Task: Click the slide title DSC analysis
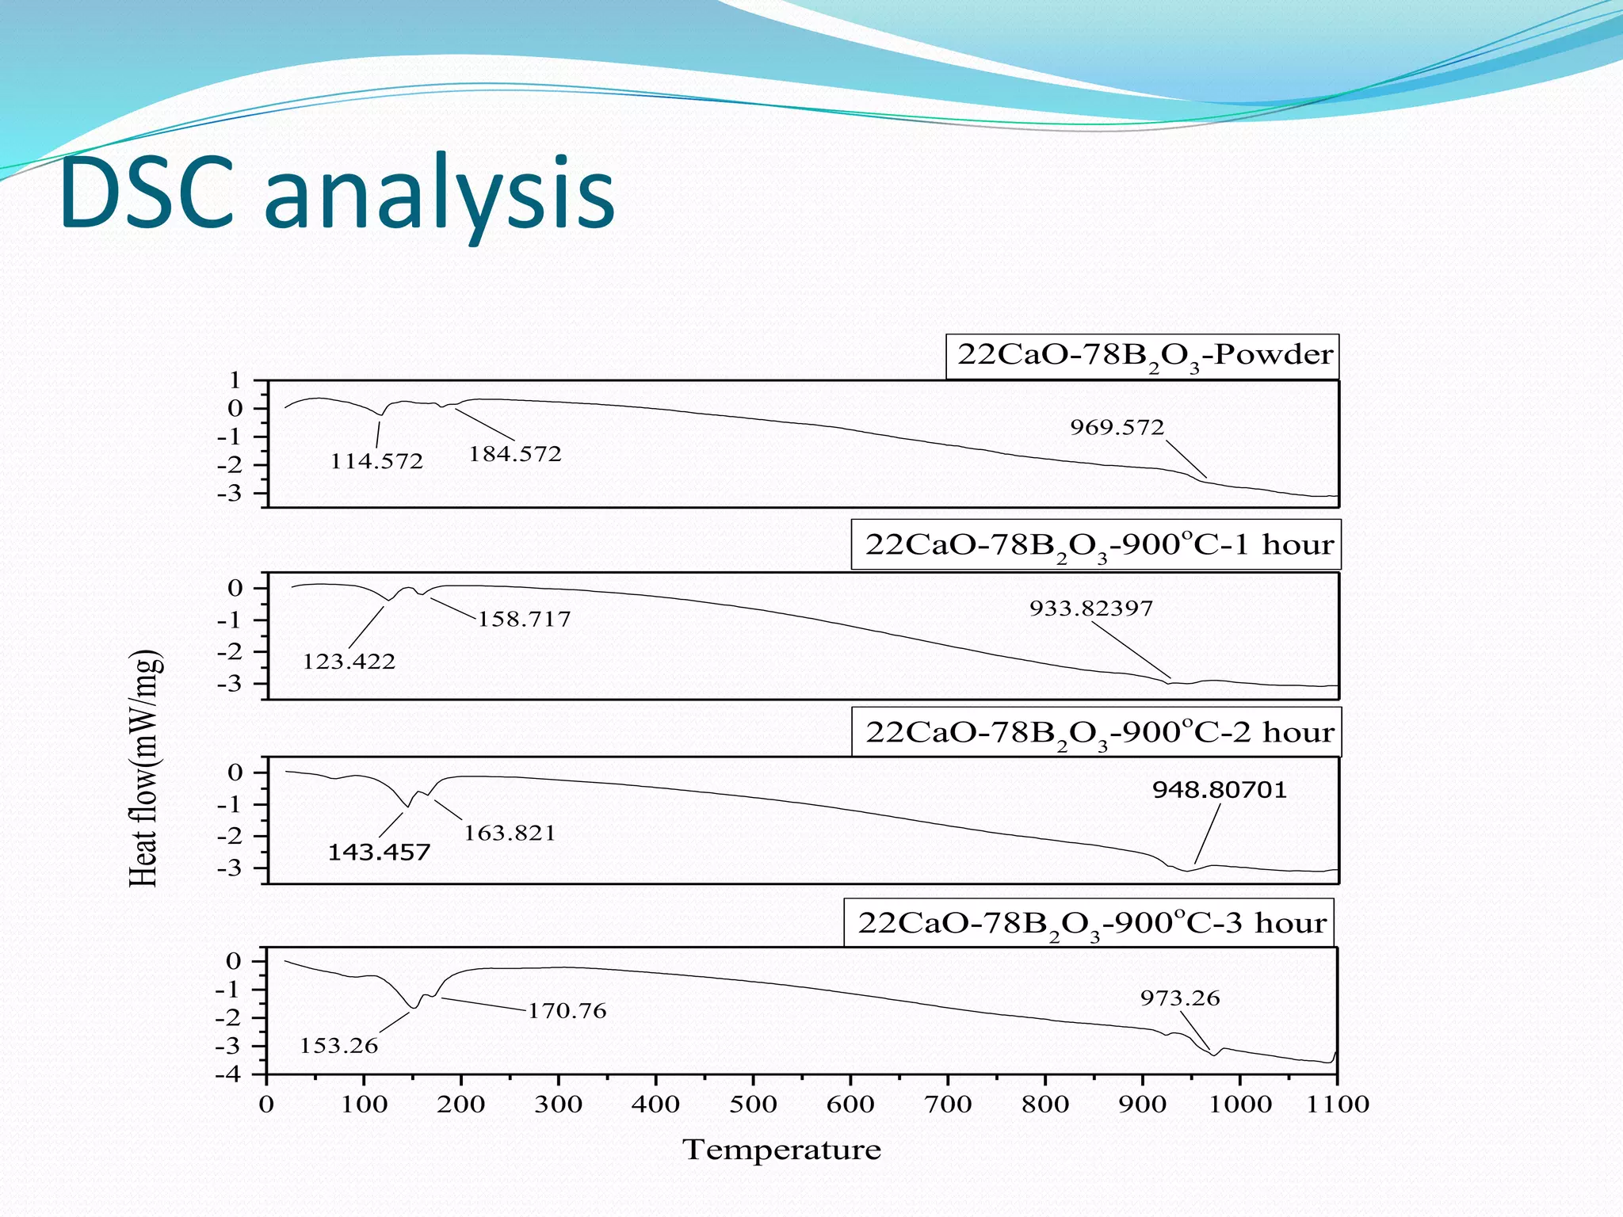[337, 194]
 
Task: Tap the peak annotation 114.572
[377, 461]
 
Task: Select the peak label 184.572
[515, 454]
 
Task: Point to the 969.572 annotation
[1117, 427]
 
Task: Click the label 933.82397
[1091, 608]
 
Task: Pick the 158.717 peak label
[525, 619]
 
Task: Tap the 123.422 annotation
[349, 661]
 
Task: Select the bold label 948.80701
[1220, 789]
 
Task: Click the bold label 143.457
[379, 853]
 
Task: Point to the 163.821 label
[510, 833]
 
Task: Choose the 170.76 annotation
[567, 1011]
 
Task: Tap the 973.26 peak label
[1180, 998]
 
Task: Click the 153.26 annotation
[338, 1046]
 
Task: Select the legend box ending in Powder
[1143, 356]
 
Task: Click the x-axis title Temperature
[781, 1150]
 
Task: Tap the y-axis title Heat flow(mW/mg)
[145, 768]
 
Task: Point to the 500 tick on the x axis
[753, 1104]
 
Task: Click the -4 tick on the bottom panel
[231, 1075]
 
